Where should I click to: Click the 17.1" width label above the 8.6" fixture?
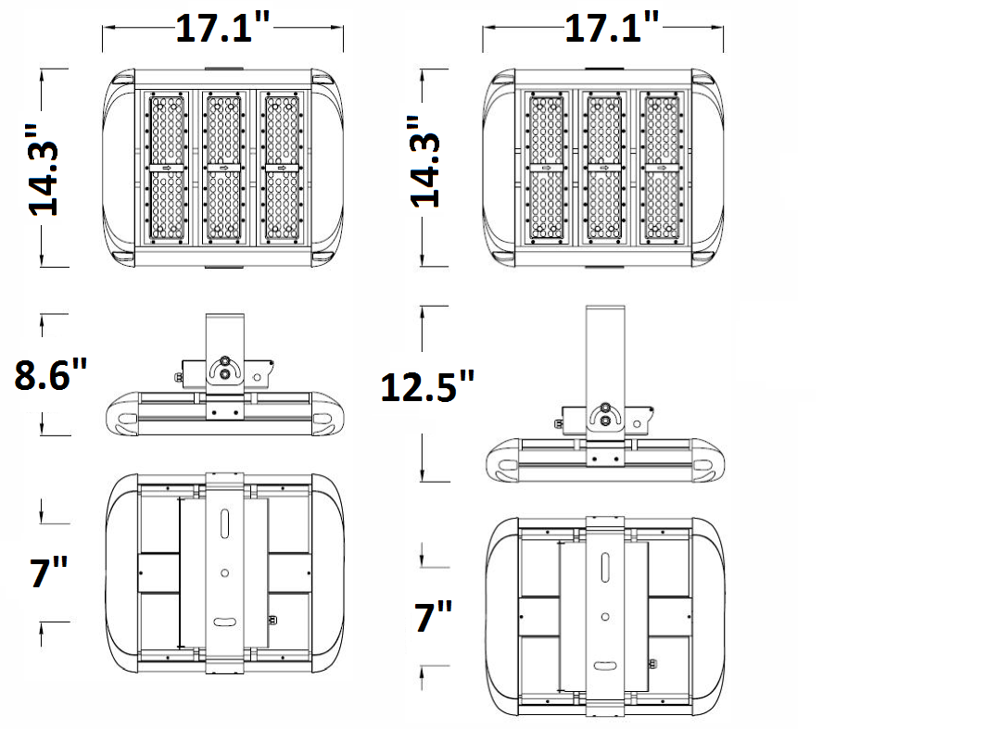pyautogui.click(x=222, y=30)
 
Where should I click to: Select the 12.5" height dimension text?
pyautogui.click(x=428, y=386)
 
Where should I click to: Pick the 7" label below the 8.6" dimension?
pyautogui.click(x=43, y=573)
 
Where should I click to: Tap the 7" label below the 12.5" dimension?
pyautogui.click(x=434, y=616)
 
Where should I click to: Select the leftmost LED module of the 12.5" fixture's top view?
pyautogui.click(x=546, y=168)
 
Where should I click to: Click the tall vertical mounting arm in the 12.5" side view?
pyautogui.click(x=604, y=352)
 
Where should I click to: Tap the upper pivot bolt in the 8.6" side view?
pyautogui.click(x=224, y=360)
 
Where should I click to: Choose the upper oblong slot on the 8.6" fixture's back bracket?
pyautogui.click(x=224, y=524)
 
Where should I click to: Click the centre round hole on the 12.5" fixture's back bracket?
pyautogui.click(x=604, y=616)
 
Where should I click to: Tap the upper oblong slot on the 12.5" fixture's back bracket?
pyautogui.click(x=604, y=567)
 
